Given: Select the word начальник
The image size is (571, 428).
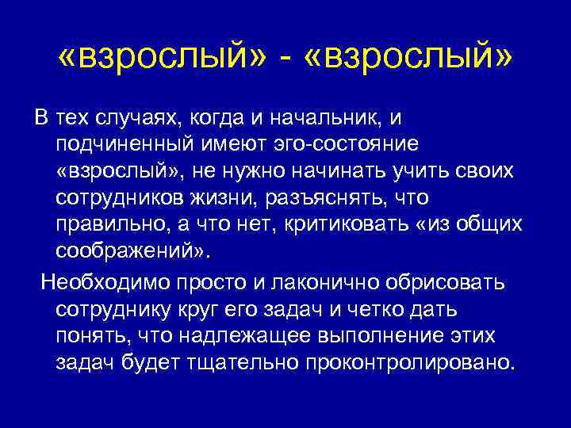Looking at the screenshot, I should [x=320, y=119].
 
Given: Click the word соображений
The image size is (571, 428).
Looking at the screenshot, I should [x=131, y=250].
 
